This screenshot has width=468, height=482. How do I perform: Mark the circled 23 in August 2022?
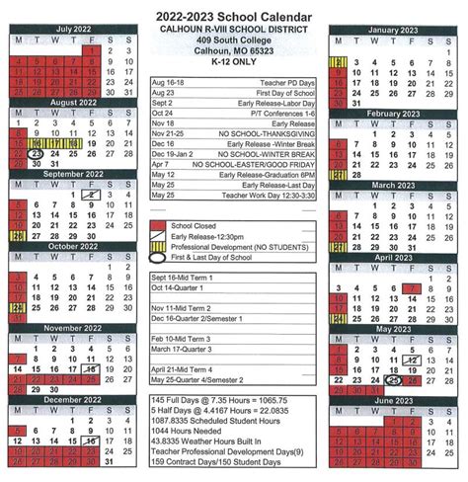tap(37, 154)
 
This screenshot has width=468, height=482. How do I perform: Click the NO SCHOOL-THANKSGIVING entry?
tap(262, 130)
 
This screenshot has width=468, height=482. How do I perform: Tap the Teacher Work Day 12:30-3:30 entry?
tap(261, 193)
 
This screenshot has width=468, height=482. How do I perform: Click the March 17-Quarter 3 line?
tap(187, 348)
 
